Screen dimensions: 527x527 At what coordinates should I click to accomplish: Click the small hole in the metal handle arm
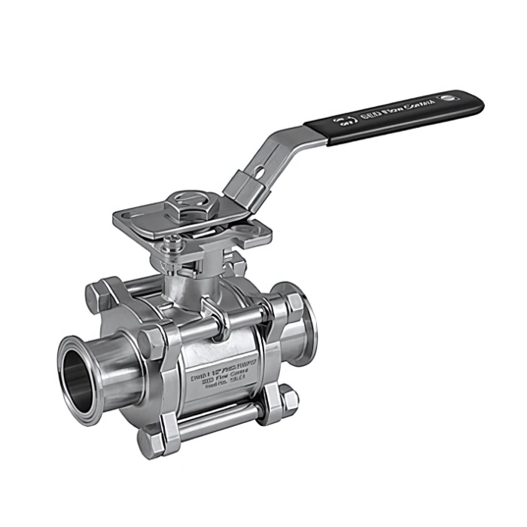(x=260, y=172)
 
